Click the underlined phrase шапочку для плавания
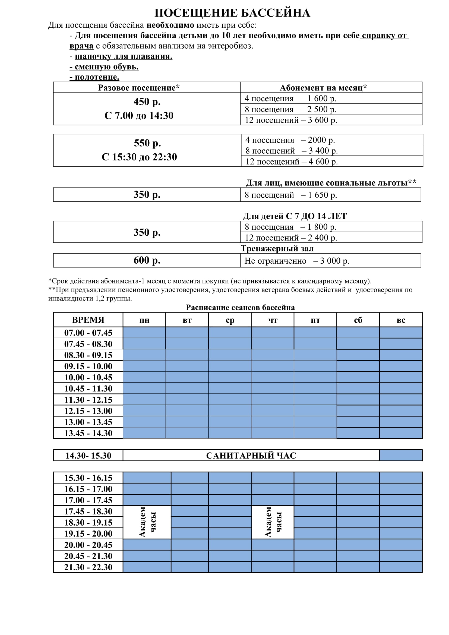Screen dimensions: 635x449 [123, 56]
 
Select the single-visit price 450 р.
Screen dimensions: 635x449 [147, 102]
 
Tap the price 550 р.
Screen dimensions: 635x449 [147, 143]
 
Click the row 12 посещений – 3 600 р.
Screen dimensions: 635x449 [290, 120]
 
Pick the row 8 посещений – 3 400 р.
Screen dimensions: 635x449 [291, 151]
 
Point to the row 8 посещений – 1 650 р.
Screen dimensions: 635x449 [290, 195]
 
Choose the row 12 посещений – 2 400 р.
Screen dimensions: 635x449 [290, 238]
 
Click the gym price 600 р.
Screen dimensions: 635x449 [147, 260]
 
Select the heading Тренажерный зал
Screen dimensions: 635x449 [277, 248]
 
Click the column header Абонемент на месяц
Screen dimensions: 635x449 [323, 88]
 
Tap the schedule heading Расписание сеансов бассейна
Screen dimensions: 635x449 [240, 307]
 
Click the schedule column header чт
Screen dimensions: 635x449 [273, 320]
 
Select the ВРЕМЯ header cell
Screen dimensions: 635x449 [88, 320]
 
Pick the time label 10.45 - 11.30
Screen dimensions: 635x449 [88, 388]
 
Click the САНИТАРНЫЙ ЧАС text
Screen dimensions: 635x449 [251, 456]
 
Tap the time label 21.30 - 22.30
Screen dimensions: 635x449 [88, 567]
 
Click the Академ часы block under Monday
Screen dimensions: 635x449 [147, 522]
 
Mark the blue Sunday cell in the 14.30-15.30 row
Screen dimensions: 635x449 [401, 456]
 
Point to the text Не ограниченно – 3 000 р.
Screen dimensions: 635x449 [297, 261]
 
